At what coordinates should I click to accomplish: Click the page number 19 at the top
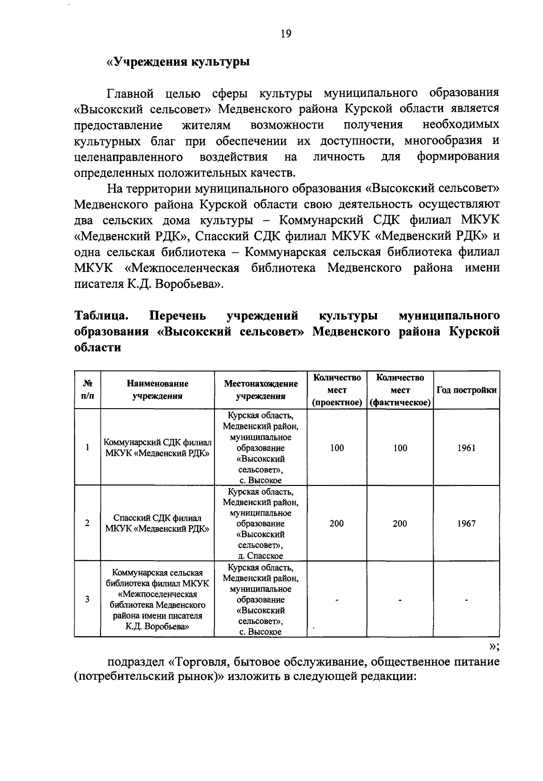tap(286, 34)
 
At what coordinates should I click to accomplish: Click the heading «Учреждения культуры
tap(177, 62)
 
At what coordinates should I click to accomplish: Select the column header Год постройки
tap(466, 390)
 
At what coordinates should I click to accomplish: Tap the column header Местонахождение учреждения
tap(261, 390)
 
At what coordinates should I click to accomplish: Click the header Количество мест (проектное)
tap(337, 390)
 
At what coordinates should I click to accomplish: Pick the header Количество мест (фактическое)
tap(400, 390)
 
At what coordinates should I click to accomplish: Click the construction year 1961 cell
tap(466, 448)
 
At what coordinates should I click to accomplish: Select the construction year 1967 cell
tap(466, 524)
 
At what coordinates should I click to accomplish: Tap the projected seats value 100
tap(337, 448)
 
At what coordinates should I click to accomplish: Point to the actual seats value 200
tap(400, 524)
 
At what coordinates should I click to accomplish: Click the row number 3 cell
tap(87, 600)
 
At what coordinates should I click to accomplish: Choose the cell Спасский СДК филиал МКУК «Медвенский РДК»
tap(157, 524)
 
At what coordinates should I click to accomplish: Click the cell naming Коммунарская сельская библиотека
tap(157, 600)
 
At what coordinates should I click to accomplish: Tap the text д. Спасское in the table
tap(261, 556)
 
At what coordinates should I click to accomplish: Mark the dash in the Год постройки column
tap(466, 600)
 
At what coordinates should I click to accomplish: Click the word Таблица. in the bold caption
tap(102, 315)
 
